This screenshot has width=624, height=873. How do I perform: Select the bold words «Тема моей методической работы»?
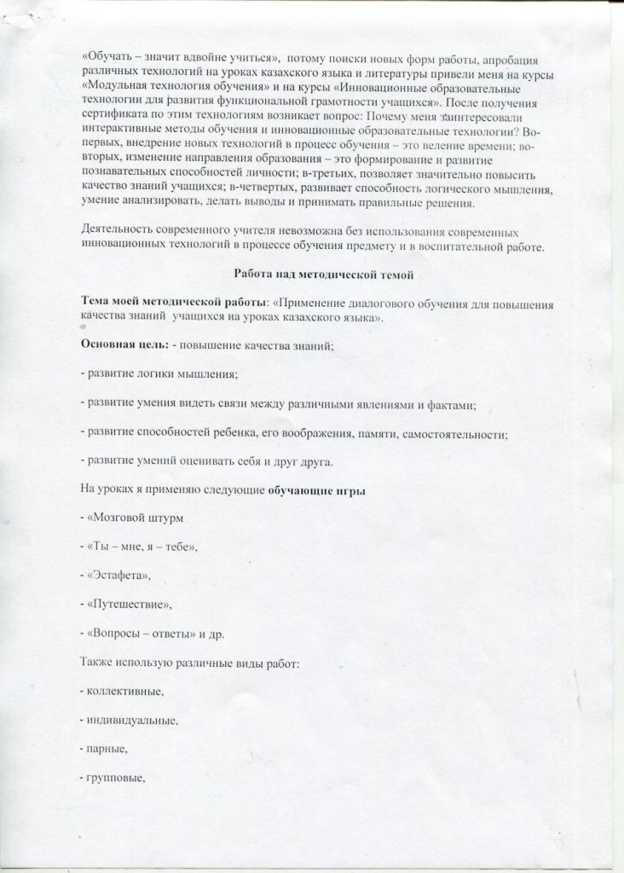[x=174, y=302]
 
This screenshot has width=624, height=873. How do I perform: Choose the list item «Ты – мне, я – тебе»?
[x=141, y=546]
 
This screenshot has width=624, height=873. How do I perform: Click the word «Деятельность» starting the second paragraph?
[x=119, y=229]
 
